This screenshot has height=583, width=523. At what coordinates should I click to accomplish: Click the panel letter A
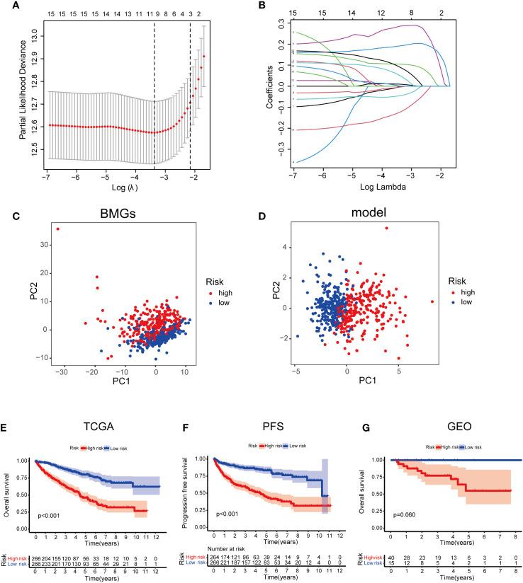point(6,6)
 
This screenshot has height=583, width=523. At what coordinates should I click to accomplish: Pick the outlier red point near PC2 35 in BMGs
point(58,229)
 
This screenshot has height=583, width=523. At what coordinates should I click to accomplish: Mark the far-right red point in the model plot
point(432,301)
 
